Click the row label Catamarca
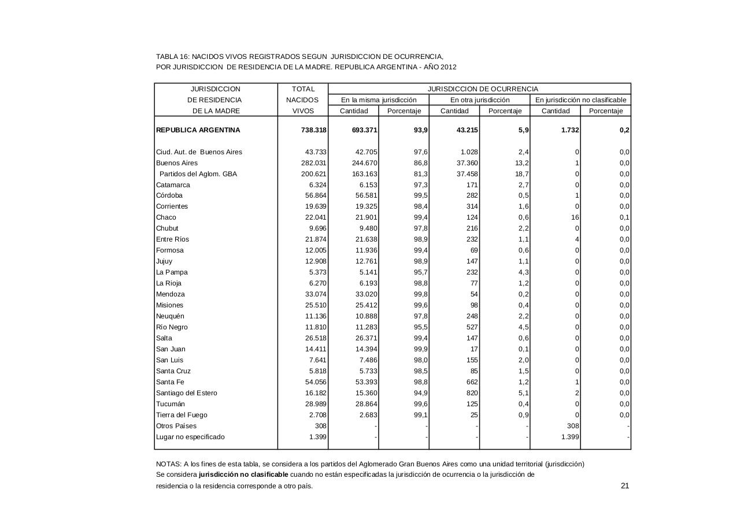pos(173,185)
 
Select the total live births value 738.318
pos(314,130)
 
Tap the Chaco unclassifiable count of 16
pos(574,217)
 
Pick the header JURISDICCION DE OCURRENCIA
pos(482,89)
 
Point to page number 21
pos(624,485)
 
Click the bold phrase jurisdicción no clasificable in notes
pos(243,474)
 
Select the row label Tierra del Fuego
pos(182,415)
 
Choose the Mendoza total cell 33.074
pos(316,294)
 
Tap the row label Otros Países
pos(176,426)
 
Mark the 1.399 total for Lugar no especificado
pos(317,437)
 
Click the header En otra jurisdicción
pos(480,100)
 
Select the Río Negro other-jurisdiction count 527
pos(471,327)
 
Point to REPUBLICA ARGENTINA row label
pos(198,130)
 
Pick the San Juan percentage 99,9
pos(420,349)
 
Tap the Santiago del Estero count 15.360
pos(366,393)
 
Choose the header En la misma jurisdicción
pos(379,100)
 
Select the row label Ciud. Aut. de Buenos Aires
pos(199,152)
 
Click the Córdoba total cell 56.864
pos(316,195)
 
